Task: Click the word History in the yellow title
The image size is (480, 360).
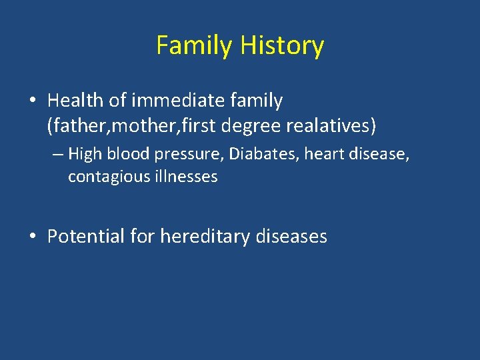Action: pos(282,46)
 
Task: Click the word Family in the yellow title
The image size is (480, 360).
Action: pos(195,46)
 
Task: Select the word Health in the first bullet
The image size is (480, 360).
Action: pos(75,101)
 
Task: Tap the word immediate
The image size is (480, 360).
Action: pos(175,101)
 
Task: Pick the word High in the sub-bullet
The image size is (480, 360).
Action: pos(83,155)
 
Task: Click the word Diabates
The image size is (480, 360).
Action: pos(265,155)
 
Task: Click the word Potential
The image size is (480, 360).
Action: pos(86,237)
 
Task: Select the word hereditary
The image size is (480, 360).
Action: pos(207,237)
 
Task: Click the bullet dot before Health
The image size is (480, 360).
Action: pos(32,101)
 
